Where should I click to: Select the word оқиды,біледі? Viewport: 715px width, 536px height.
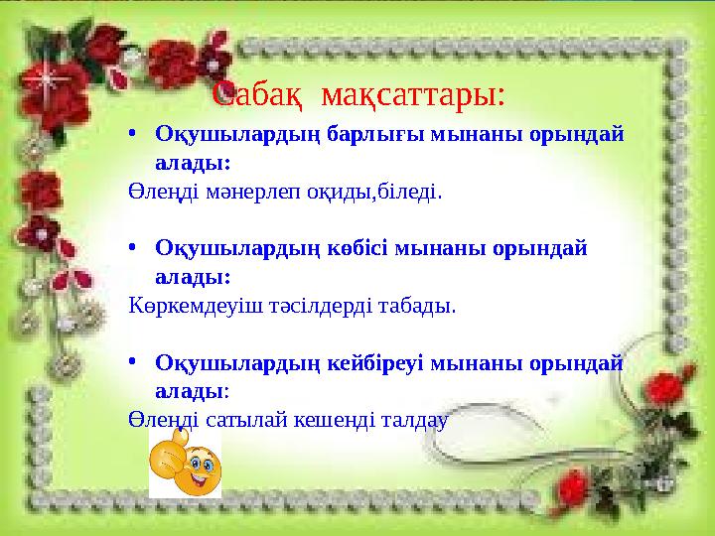378,191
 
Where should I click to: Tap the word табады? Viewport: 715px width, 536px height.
418,305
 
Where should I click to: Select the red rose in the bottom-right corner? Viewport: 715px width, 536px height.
573,486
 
